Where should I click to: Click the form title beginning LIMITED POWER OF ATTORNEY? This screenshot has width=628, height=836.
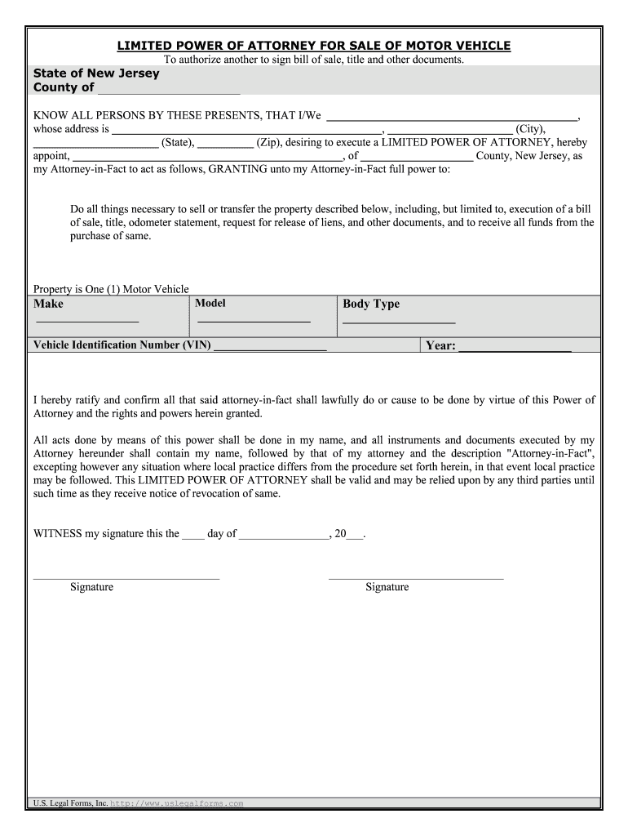[x=313, y=46]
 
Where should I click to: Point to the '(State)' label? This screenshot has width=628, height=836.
[x=178, y=143]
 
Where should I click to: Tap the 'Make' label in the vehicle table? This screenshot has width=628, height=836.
[x=48, y=304]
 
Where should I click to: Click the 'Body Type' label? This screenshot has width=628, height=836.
[x=371, y=304]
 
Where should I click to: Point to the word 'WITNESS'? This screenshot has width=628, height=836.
[x=58, y=534]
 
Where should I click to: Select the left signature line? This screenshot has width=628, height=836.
[x=126, y=578]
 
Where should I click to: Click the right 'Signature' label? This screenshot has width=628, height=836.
[x=387, y=587]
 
